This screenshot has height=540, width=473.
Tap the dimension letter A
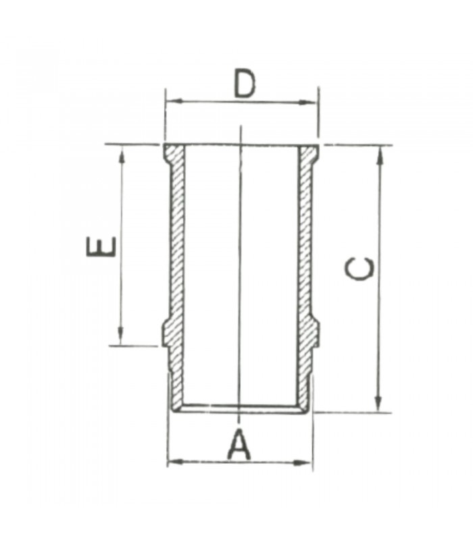click(239, 445)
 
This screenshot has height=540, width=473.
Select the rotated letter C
click(359, 268)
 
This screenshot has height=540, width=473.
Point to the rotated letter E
click(102, 247)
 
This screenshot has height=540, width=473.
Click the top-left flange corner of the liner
click(164, 145)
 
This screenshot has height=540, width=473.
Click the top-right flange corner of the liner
click(318, 145)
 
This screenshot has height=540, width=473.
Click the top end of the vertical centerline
click(241, 126)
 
